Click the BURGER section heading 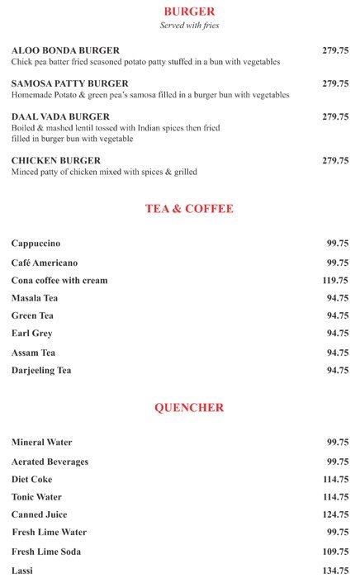click(189, 12)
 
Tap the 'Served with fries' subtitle click(189, 26)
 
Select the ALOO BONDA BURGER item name click(65, 50)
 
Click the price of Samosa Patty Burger click(335, 83)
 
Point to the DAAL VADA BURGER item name click(60, 116)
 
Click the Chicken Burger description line click(104, 172)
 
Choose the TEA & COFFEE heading click(189, 209)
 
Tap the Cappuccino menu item click(36, 244)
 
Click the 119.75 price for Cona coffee click(334, 281)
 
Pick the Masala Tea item click(35, 298)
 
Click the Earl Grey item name click(31, 334)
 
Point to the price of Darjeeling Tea click(337, 371)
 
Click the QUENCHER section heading click(189, 408)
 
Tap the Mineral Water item click(41, 443)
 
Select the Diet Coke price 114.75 click(334, 480)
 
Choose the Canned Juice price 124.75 click(334, 515)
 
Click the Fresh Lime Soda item click(46, 552)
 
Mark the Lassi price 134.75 click(334, 571)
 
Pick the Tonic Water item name click(36, 497)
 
